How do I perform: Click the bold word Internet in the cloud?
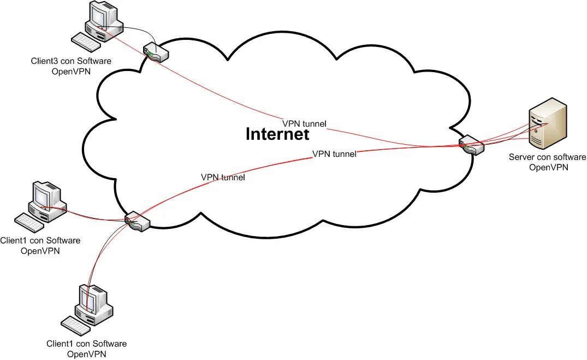point(277,134)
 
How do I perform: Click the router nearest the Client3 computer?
point(156,53)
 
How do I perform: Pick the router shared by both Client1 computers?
point(137,221)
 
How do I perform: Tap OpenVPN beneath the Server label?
point(549,167)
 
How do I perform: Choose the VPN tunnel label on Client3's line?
point(304,124)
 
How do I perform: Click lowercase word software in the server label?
point(568,157)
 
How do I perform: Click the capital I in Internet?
point(248,134)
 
